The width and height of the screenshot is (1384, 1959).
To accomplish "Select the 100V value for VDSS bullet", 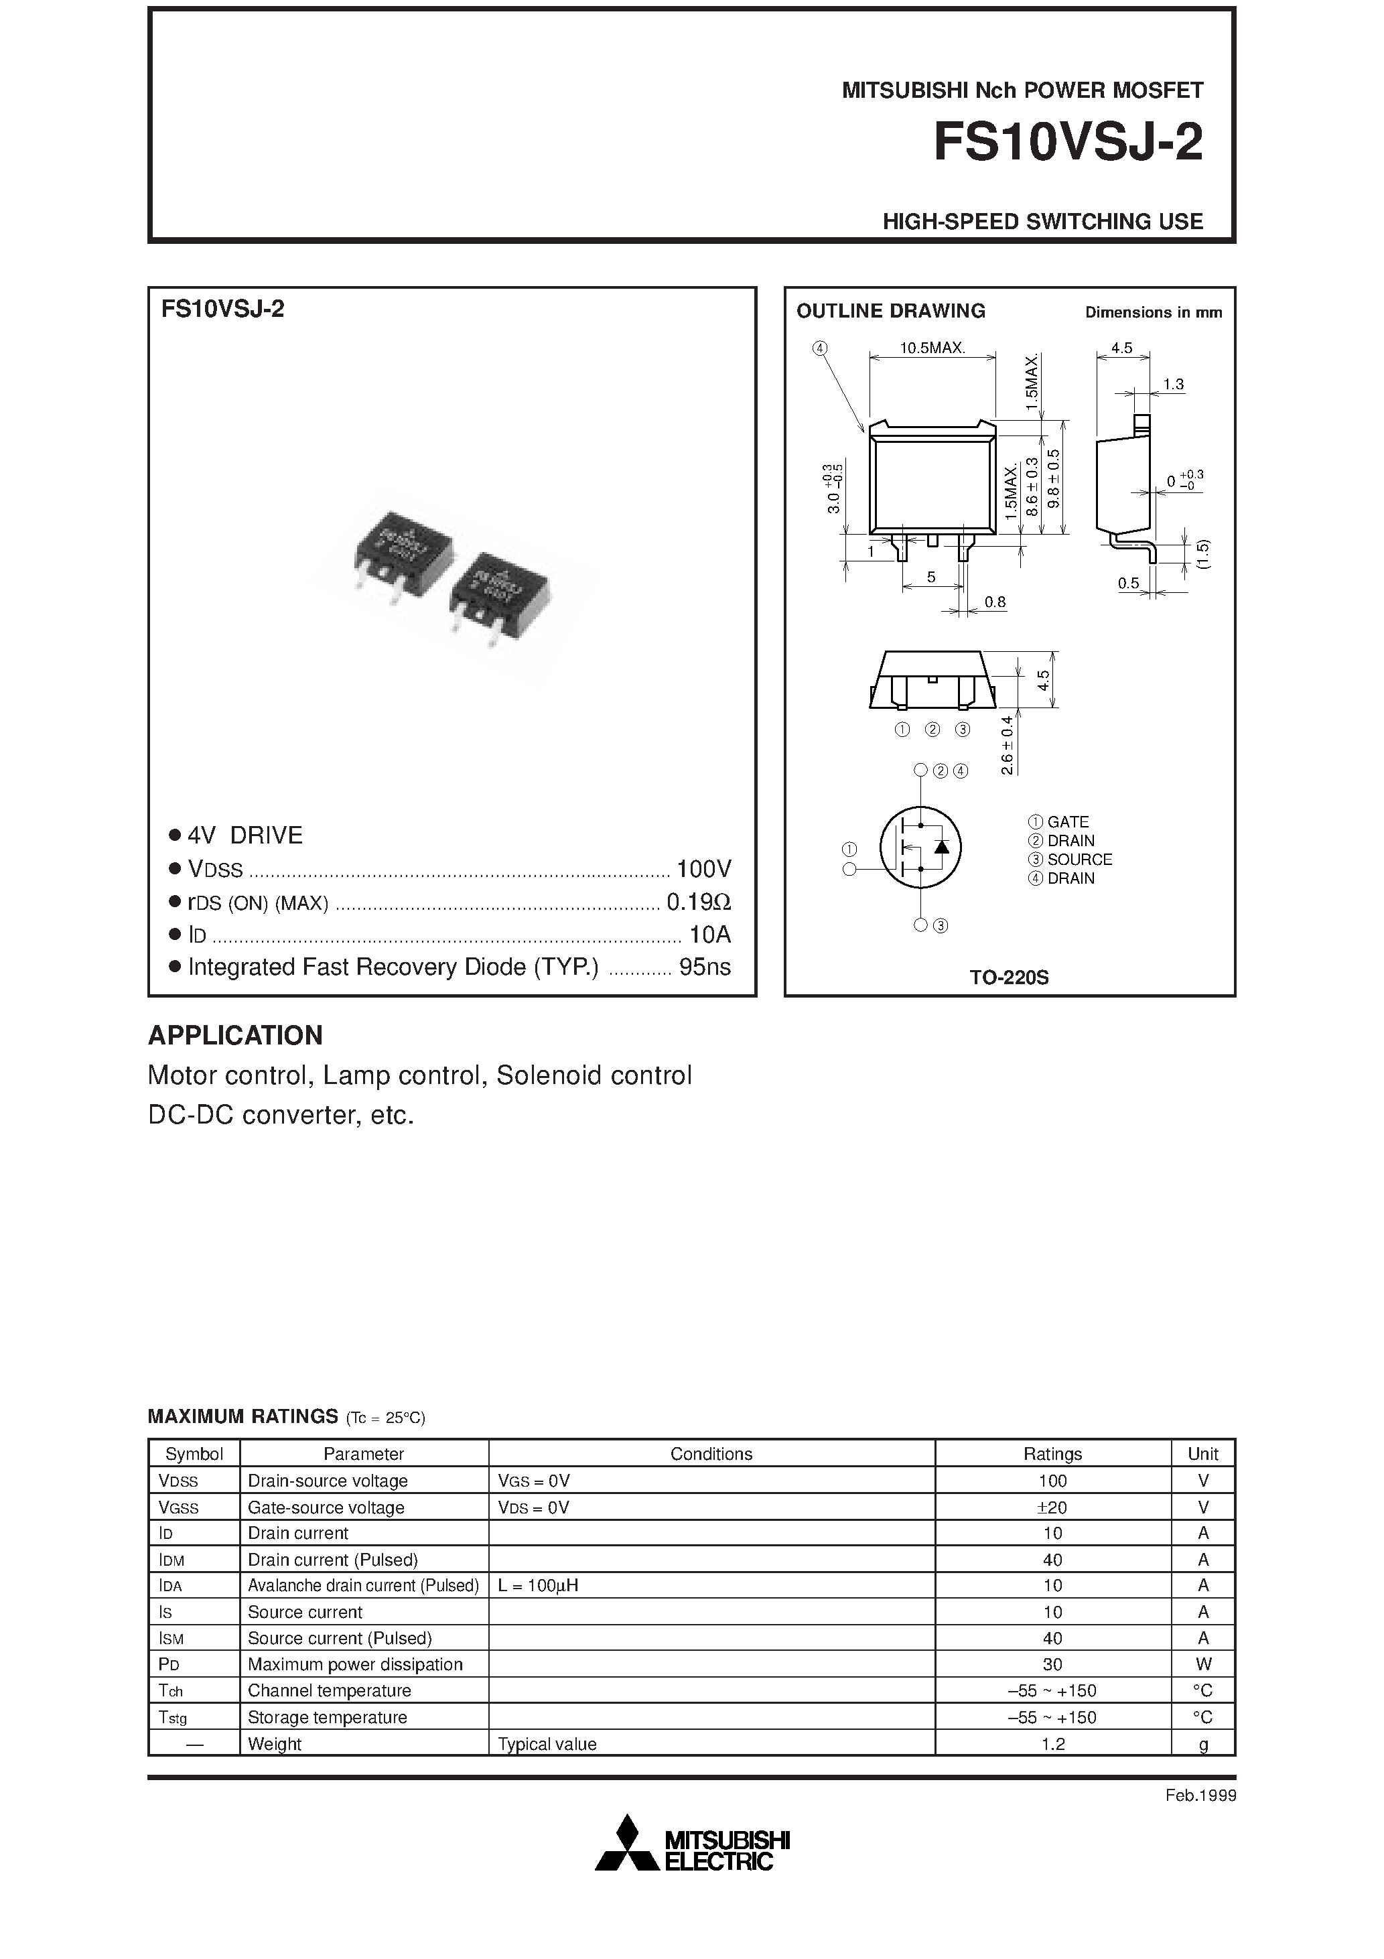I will click(x=703, y=868).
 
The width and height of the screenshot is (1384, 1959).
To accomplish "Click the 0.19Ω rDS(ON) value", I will click(x=698, y=902).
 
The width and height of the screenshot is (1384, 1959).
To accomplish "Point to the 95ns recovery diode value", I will click(x=705, y=967).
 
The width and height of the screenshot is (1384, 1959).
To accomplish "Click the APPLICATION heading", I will click(x=236, y=1035).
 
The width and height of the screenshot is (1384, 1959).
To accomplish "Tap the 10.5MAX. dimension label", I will click(x=932, y=348).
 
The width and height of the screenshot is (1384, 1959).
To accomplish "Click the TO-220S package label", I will click(x=1009, y=977).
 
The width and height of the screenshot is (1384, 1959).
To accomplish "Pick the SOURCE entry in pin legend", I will click(x=1079, y=859).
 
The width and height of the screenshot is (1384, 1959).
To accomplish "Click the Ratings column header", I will click(x=1052, y=1454).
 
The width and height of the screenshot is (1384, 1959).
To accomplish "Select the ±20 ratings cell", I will click(x=1052, y=1507).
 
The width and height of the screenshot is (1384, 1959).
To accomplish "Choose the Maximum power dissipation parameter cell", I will click(x=355, y=1664).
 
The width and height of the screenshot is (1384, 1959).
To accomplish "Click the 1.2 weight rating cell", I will click(x=1052, y=1744).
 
